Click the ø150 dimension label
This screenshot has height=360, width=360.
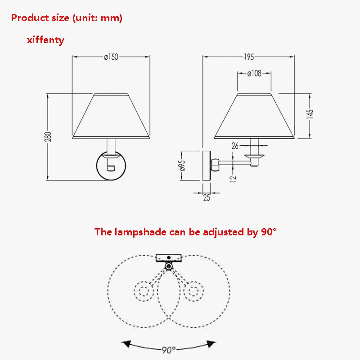(111, 57)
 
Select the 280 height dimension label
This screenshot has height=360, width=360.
(48, 137)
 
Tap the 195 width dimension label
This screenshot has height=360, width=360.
(249, 57)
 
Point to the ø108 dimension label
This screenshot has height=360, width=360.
(254, 73)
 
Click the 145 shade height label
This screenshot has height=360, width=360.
(310, 114)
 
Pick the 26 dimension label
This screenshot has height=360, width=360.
(235, 146)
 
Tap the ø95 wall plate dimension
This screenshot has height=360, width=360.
(182, 165)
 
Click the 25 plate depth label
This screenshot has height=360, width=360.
(207, 198)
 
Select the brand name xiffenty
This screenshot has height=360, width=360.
(46, 40)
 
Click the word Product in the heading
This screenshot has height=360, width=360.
(30, 18)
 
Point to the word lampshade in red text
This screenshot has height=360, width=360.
(140, 232)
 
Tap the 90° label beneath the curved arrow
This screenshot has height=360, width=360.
(169, 350)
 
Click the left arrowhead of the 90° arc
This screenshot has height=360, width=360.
(126, 344)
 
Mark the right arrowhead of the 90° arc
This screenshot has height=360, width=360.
(211, 344)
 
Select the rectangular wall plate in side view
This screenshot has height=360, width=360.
(207, 166)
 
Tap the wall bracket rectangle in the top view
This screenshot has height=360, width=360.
(169, 258)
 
